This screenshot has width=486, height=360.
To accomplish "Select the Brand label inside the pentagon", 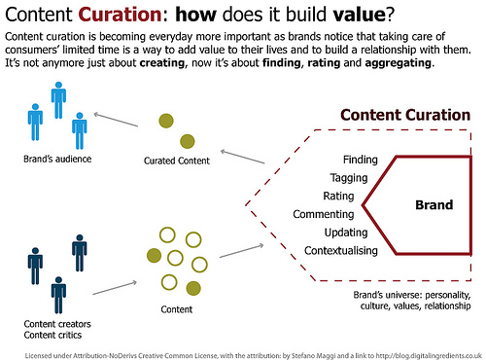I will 434,205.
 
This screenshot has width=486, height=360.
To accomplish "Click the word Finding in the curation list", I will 360,160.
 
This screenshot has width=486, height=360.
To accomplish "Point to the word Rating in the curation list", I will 338,196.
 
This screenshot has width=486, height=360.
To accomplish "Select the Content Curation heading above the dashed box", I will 405,116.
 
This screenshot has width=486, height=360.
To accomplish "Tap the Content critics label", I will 51,334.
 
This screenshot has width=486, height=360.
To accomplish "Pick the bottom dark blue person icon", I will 58,293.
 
